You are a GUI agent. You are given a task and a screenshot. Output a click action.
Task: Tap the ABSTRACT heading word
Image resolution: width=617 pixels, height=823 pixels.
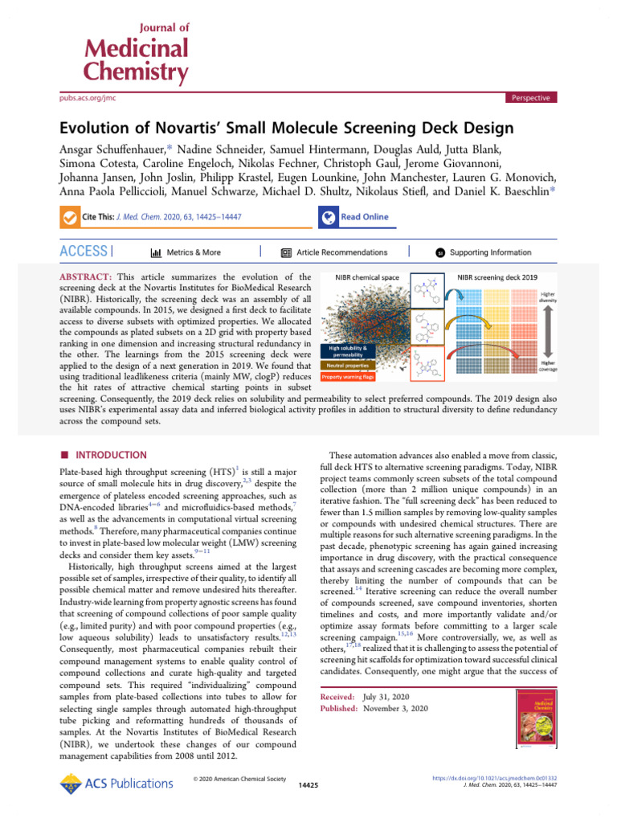pos(86,276)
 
